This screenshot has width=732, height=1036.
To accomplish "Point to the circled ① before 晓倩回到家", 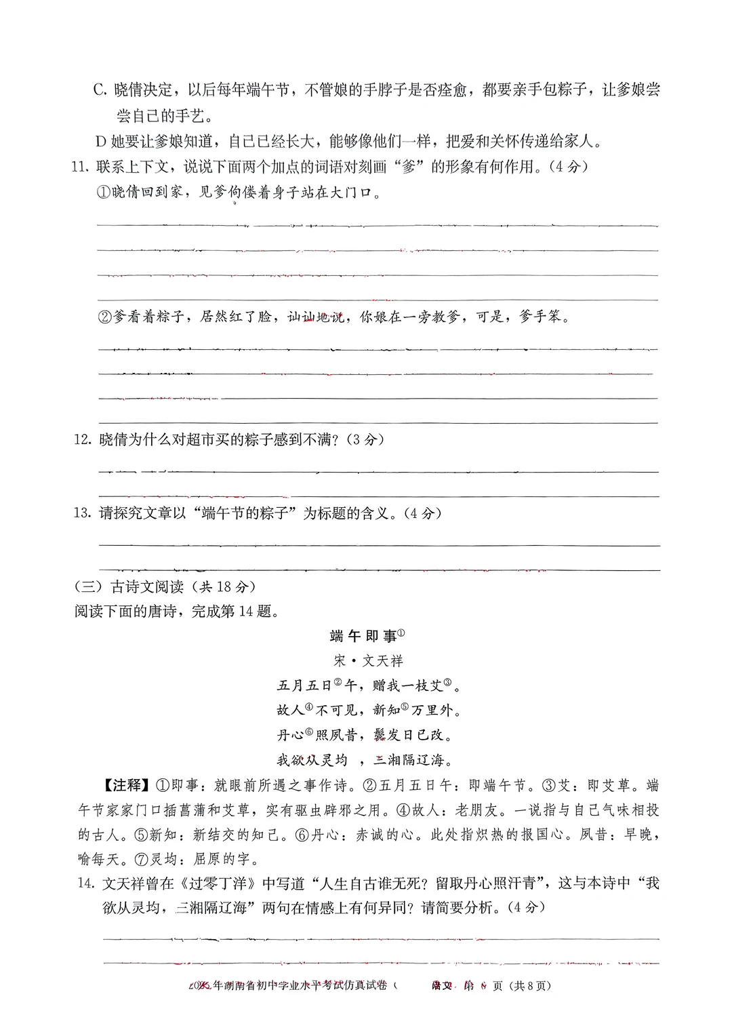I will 103,193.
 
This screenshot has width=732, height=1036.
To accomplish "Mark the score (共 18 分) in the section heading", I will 224,587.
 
